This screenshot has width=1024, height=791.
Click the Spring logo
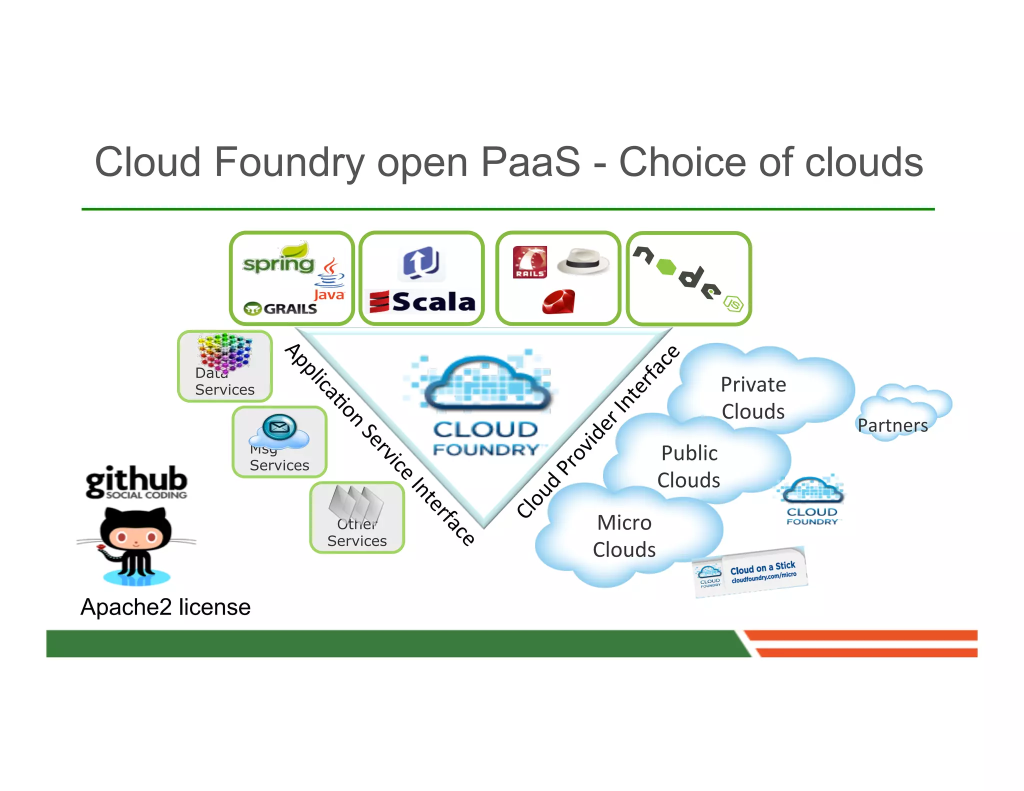(x=278, y=261)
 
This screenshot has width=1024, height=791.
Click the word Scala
(x=433, y=302)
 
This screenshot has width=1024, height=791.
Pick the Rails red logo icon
(x=529, y=262)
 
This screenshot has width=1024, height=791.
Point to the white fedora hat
(x=583, y=261)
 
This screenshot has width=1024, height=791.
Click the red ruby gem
(x=558, y=302)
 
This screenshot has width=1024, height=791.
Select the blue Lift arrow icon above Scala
(x=421, y=263)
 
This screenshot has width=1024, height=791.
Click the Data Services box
(x=225, y=366)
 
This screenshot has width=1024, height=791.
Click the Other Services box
(x=357, y=518)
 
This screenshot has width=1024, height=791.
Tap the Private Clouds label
(x=753, y=398)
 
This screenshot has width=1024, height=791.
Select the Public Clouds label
(x=689, y=466)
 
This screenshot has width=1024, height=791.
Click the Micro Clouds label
(x=624, y=536)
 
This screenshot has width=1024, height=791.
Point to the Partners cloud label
(x=893, y=425)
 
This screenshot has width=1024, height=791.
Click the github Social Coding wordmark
(x=136, y=482)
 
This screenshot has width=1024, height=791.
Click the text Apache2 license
(x=165, y=607)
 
